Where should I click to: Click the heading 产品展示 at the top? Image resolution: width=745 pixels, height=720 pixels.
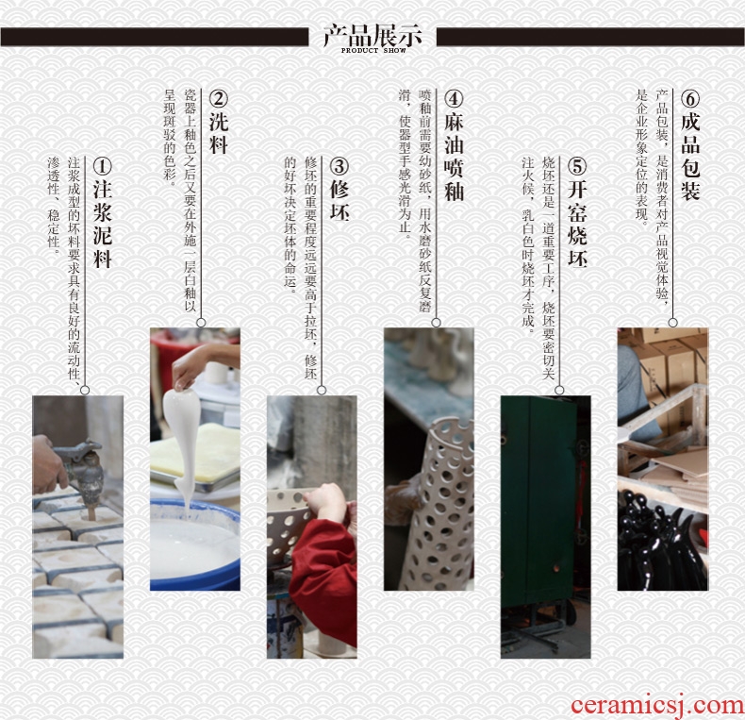pos(373,35)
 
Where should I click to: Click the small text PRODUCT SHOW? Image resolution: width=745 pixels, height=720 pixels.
pos(373,50)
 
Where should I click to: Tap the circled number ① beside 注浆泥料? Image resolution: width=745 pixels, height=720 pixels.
pos(102,166)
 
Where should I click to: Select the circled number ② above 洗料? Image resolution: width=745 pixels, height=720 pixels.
pos(219,99)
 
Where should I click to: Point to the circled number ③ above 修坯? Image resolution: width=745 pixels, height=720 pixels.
pos(339,166)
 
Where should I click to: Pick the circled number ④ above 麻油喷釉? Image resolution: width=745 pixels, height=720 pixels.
pos(454,99)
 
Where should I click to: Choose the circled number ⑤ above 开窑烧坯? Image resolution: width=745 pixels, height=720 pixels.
pos(577,166)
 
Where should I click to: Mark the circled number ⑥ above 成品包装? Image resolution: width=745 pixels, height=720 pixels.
pos(690,99)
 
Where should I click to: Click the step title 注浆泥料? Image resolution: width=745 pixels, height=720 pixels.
pos(103,224)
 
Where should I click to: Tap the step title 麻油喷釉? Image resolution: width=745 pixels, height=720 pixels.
pos(454,157)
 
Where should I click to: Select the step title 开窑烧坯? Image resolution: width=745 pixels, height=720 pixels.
pos(577,224)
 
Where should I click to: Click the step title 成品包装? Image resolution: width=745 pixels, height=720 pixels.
pos(690,157)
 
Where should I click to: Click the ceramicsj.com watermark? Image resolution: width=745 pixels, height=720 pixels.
pos(657,704)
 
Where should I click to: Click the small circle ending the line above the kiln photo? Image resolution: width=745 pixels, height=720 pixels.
pos(559,390)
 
